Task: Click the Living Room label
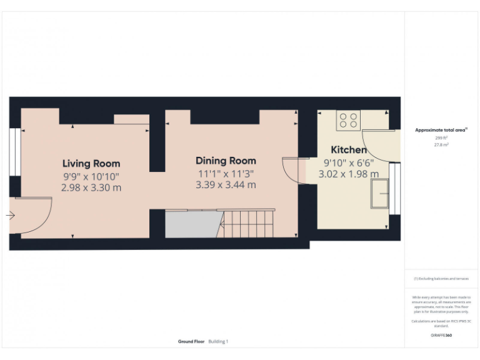(x=91, y=164)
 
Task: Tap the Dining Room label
(x=226, y=161)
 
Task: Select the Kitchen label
(x=348, y=150)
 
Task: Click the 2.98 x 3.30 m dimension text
(x=91, y=187)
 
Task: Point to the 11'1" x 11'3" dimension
(x=226, y=173)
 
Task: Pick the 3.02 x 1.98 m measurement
(x=348, y=174)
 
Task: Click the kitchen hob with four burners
(x=348, y=120)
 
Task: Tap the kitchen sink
(x=379, y=194)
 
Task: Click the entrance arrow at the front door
(x=11, y=216)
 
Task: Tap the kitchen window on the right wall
(x=394, y=188)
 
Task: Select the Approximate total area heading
(x=441, y=130)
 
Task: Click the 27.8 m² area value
(x=441, y=144)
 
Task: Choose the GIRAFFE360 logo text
(x=441, y=336)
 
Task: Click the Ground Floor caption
(x=191, y=341)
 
